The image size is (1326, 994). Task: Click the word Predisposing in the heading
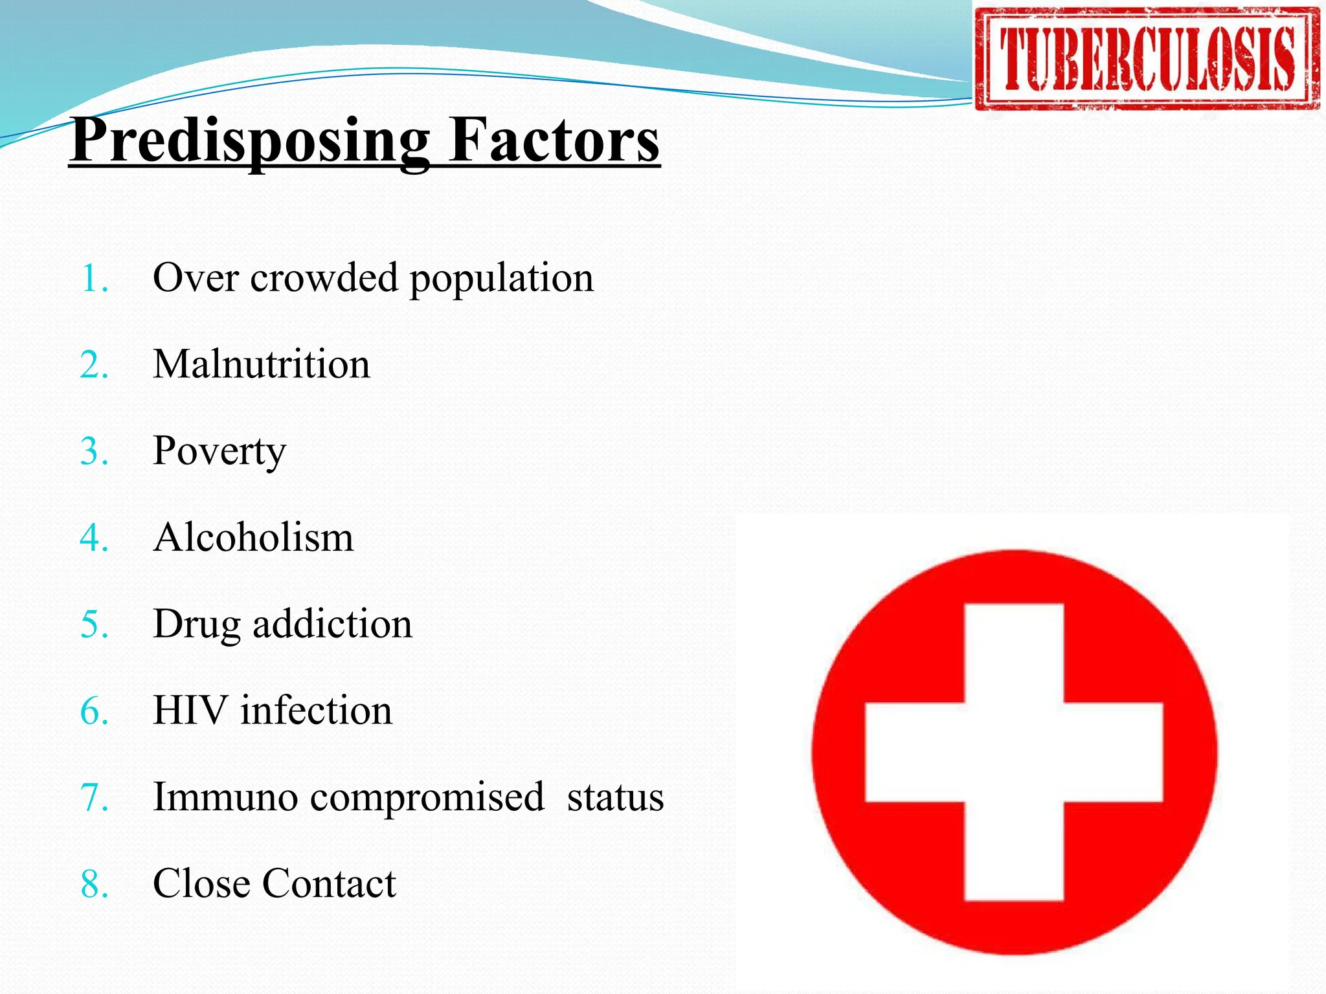[250, 141]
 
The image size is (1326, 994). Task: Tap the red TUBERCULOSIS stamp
[1147, 59]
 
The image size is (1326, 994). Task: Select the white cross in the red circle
[1014, 752]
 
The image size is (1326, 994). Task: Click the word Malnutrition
[262, 364]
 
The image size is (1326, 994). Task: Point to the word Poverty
[219, 452]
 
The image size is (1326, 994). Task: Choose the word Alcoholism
[254, 538]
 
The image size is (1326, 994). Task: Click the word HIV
[190, 711]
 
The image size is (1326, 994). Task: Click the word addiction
[332, 624]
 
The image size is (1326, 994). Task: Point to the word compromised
[427, 798]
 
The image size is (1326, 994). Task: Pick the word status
[615, 798]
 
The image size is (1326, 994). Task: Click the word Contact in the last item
[329, 884]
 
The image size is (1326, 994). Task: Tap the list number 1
[94, 280]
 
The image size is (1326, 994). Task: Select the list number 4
[94, 538]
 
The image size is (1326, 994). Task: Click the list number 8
[94, 885]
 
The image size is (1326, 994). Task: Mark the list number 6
[94, 712]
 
